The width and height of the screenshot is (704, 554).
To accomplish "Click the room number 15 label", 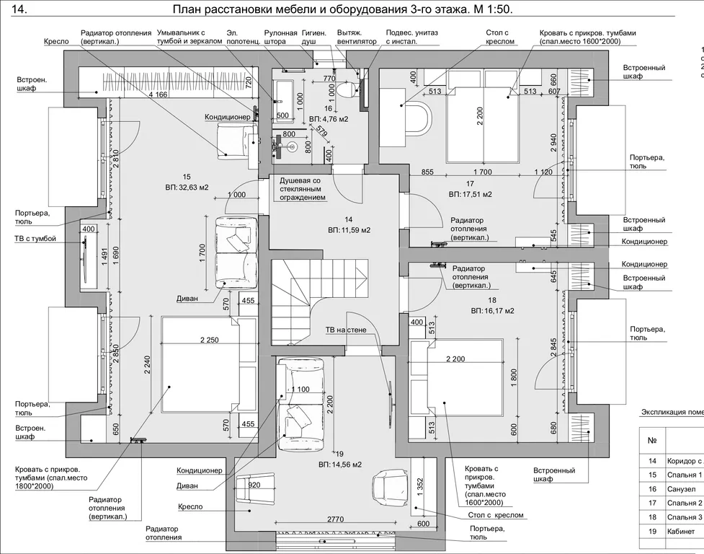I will [186, 177].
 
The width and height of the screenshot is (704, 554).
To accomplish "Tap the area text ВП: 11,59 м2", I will [349, 230].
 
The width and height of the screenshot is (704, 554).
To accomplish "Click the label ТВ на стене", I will [346, 330].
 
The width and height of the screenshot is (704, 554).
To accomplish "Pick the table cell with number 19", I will [653, 532].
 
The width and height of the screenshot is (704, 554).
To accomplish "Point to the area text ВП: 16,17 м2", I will [493, 311].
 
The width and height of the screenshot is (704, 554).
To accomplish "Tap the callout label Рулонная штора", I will [280, 38].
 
